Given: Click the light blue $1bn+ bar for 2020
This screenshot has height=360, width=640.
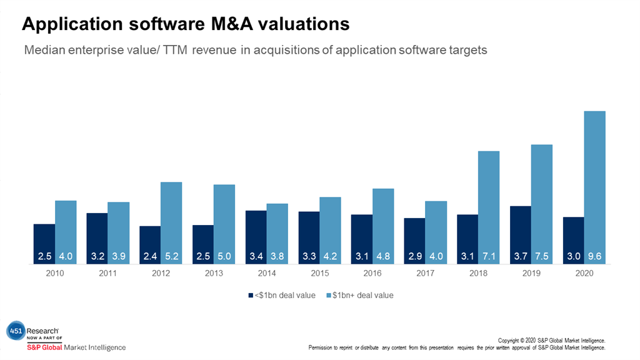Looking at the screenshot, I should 594,187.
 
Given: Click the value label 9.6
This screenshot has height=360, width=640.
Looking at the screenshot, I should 594,257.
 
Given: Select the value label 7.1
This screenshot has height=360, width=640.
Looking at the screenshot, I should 489,257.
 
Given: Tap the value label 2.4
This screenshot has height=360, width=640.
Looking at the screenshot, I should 150,257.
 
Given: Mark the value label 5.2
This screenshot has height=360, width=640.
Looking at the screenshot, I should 171,257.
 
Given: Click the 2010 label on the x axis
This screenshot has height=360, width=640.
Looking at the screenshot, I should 55,274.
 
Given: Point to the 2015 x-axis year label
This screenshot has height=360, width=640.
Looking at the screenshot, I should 319,274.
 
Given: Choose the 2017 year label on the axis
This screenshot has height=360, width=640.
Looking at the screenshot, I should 425,274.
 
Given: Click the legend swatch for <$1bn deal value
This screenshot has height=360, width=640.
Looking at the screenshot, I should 248,295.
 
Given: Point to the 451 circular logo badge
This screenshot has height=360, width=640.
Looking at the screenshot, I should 15,331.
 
